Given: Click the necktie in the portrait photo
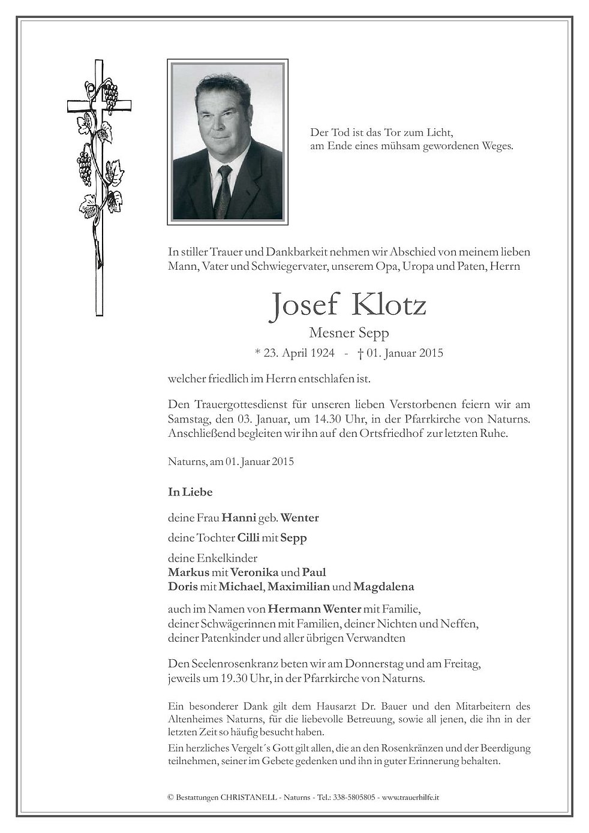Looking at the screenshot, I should click(x=223, y=192).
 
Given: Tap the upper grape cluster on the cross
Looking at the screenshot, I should click(x=110, y=95).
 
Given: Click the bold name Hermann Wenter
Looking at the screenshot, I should click(x=314, y=609).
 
